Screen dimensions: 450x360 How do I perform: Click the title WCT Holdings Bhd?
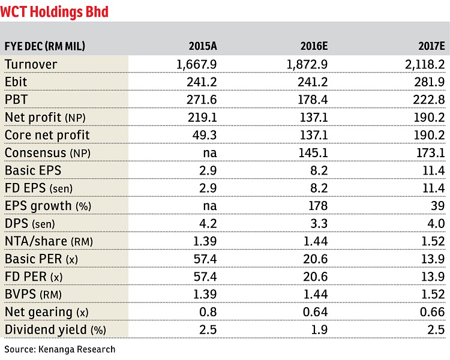point(54,12)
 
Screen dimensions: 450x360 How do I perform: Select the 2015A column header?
point(203,46)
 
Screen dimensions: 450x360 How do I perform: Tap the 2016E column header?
point(314,46)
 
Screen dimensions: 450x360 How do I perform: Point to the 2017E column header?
point(431,46)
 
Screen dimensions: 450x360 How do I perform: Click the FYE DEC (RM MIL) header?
point(45,46)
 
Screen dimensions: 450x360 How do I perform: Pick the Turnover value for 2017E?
point(425,65)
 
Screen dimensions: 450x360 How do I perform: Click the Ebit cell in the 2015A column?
point(202,82)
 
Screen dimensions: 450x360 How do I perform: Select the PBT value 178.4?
point(313,100)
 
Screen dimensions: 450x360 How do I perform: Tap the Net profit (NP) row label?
point(45,118)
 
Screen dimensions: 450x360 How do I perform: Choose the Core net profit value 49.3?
point(205,135)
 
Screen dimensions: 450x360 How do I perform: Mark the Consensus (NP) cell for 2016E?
point(313,153)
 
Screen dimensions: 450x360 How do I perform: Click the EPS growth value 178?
point(318,206)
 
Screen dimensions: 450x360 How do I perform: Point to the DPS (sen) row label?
point(29,224)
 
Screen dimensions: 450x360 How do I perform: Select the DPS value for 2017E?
point(436,224)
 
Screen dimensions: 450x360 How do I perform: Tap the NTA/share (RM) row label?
point(49,241)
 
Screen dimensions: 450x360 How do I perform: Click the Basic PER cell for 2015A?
point(205,259)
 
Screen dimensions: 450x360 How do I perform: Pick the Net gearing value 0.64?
point(315,312)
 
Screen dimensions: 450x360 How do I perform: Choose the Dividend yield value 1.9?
point(319,330)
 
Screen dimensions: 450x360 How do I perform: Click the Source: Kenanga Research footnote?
point(59,349)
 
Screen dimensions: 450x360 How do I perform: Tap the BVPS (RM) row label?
point(33,295)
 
